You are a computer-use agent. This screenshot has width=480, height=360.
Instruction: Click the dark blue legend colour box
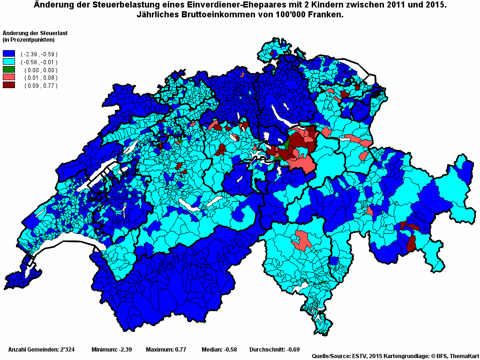(x=9, y=54)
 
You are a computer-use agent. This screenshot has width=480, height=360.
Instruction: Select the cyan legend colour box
(x=9, y=62)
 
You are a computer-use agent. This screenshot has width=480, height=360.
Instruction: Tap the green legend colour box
(x=9, y=70)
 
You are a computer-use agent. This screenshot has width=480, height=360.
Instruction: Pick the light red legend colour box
(x=9, y=77)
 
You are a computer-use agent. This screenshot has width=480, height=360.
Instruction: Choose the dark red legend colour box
(x=9, y=85)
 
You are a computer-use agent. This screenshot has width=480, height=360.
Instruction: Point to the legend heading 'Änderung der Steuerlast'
(x=32, y=33)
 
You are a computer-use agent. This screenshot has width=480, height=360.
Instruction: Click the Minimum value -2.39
(x=124, y=350)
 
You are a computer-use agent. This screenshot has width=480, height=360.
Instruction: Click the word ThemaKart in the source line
(x=464, y=356)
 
